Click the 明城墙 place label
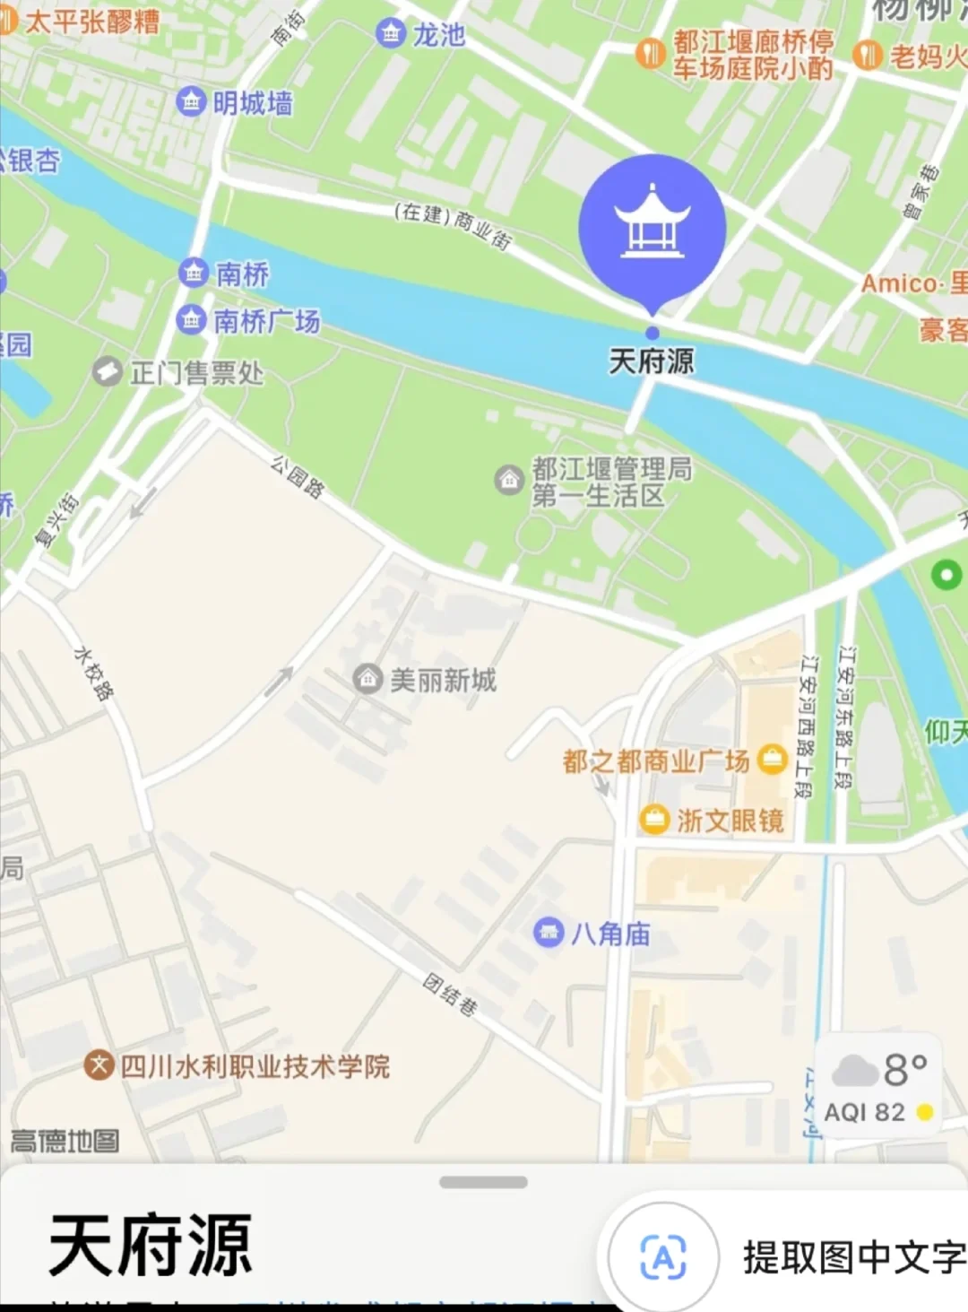point(252,103)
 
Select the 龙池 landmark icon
point(390,34)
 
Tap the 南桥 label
point(242,274)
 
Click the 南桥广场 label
point(266,320)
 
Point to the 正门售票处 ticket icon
point(108,371)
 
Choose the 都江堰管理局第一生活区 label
point(611,482)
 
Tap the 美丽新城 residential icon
point(367,679)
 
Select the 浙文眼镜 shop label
point(730,820)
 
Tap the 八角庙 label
point(610,934)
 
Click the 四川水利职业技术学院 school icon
point(99,1065)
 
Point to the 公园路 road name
point(298,476)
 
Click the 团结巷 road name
point(450,994)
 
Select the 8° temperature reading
point(905,1070)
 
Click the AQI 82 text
point(865,1112)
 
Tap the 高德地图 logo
point(65,1141)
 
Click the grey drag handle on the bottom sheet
point(483,1182)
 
